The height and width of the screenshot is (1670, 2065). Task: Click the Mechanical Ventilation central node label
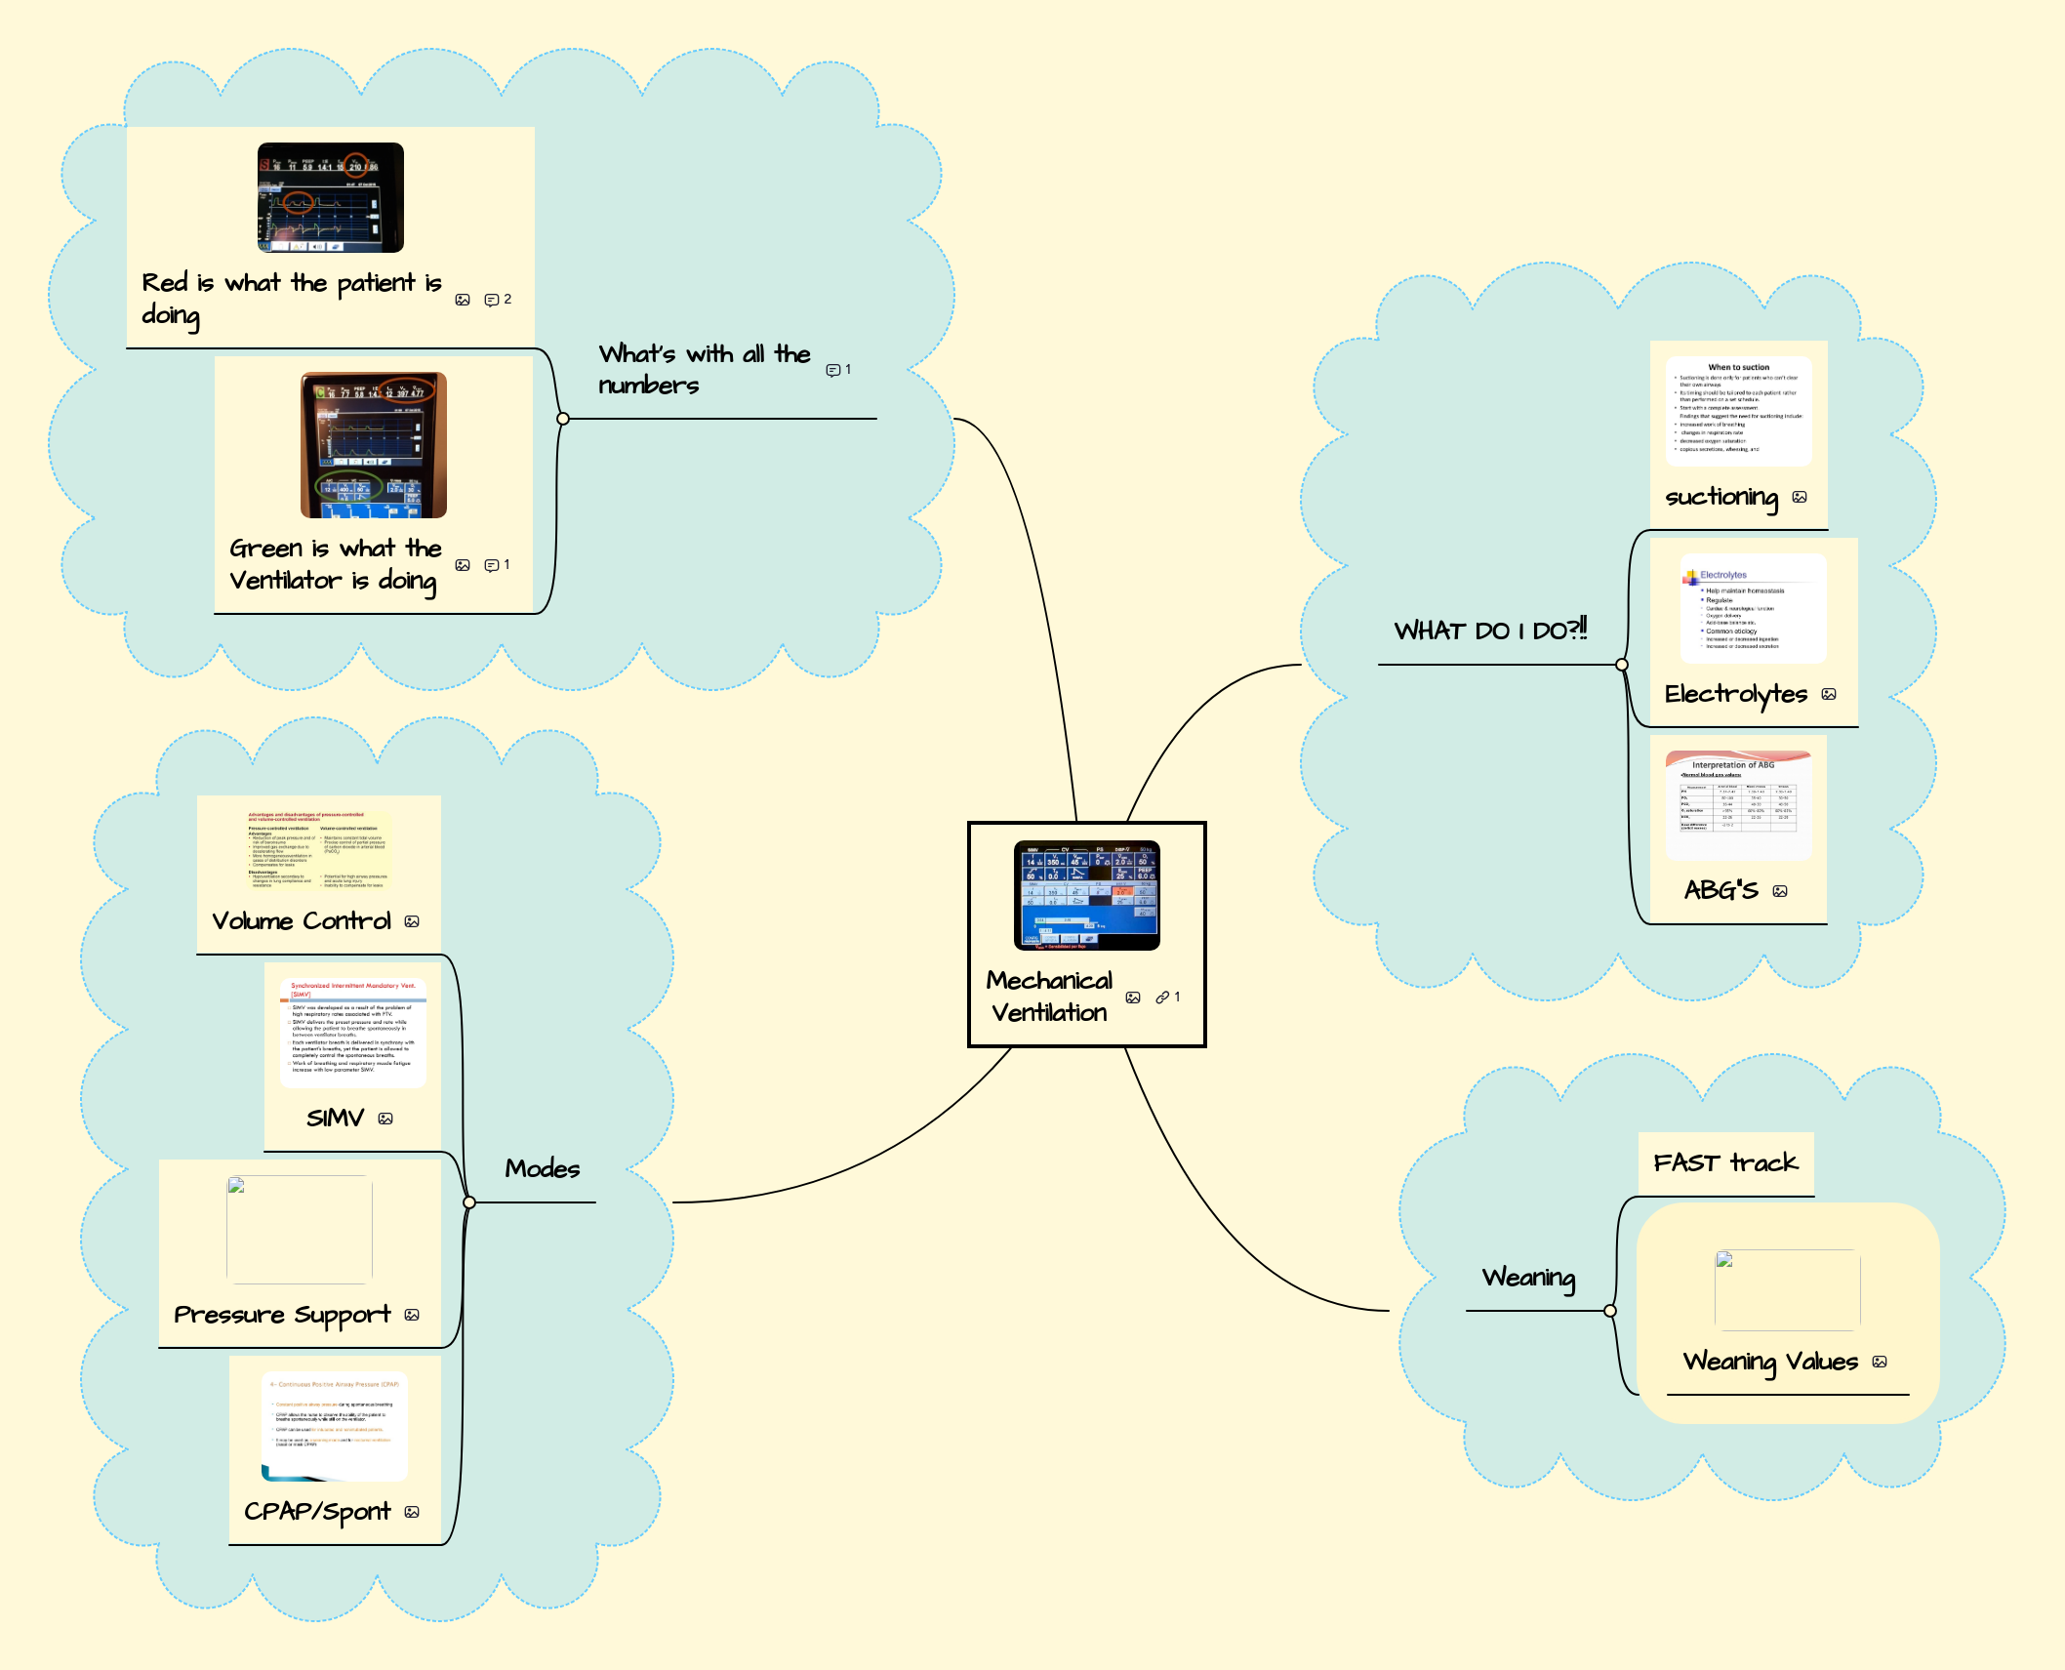[x=1049, y=997]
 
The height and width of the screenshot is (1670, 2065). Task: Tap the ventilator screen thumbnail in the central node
[x=1086, y=895]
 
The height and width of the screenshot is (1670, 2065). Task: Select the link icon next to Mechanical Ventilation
[x=1162, y=998]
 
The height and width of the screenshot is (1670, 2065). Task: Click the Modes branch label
[x=542, y=1168]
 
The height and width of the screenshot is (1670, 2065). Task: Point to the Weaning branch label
[x=1528, y=1278]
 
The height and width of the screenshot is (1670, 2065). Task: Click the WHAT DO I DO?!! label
[x=1490, y=631]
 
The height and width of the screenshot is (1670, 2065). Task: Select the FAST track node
[x=1725, y=1162]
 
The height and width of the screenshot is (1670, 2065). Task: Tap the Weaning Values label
[x=1770, y=1361]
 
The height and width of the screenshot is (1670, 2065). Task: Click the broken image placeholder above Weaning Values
[x=1787, y=1289]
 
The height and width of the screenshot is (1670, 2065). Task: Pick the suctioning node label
[x=1721, y=497]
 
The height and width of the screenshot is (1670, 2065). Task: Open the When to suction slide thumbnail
[x=1738, y=411]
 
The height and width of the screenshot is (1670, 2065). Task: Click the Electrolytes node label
[x=1736, y=694]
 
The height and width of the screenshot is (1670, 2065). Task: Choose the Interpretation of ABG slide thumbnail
[x=1738, y=805]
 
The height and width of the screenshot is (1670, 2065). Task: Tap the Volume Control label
[x=302, y=920]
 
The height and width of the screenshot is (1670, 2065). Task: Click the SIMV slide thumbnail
[x=352, y=1032]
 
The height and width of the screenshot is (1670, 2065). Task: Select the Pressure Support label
[x=282, y=1315]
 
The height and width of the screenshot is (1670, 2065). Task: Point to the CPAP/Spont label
[x=317, y=1511]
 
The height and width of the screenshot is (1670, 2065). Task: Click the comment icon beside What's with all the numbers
[x=832, y=370]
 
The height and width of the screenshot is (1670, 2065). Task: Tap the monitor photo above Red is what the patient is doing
[x=330, y=197]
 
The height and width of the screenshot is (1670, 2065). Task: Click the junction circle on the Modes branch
[x=469, y=1202]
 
